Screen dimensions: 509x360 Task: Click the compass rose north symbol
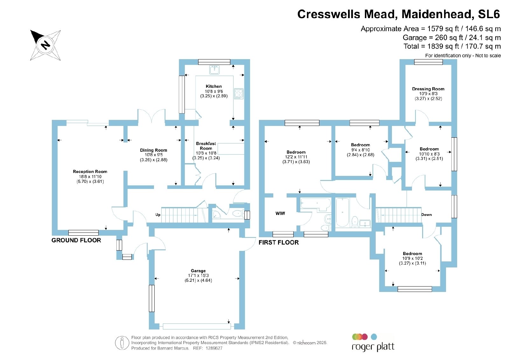tap(45, 45)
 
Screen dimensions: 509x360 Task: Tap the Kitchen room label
tap(213, 86)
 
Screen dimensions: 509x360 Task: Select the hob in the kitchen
tap(239, 93)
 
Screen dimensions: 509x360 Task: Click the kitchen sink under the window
tap(214, 70)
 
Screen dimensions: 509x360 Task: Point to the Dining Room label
tap(153, 150)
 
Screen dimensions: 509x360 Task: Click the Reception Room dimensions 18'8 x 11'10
tap(90, 177)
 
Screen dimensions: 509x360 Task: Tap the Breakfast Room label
tap(206, 146)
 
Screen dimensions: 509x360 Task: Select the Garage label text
tap(198, 271)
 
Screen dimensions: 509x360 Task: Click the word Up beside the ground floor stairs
tap(158, 215)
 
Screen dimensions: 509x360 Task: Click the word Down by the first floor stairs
tap(426, 215)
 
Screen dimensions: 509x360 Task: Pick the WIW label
tap(280, 213)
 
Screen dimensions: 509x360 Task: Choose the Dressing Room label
tap(428, 89)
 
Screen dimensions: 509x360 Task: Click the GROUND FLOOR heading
tap(76, 240)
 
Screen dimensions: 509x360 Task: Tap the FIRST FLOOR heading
tap(279, 242)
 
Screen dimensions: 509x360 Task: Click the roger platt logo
tap(373, 343)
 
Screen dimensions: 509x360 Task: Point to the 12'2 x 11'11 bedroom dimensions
tap(296, 157)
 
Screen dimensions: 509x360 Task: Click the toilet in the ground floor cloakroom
tap(237, 213)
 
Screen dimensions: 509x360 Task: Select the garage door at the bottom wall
tap(197, 326)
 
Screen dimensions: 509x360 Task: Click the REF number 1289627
tap(214, 348)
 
